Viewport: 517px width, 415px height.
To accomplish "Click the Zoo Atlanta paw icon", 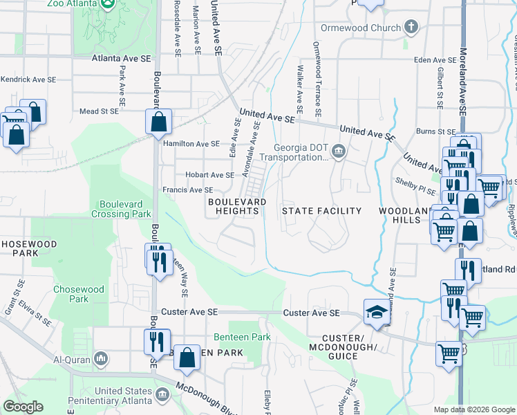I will (108, 4).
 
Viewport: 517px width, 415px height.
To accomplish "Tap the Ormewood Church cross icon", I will (411, 28).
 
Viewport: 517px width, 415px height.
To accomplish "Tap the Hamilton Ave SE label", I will (191, 144).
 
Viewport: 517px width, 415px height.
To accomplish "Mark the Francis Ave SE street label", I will (187, 190).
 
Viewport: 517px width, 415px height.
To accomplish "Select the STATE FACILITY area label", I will (321, 210).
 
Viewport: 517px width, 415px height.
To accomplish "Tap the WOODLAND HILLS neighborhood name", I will (399, 214).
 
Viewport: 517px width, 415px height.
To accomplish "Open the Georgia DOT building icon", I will (339, 151).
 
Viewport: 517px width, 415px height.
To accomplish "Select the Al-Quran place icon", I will (101, 359).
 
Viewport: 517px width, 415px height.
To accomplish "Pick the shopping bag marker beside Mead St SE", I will (158, 122).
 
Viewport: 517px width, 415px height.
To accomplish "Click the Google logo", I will (23, 407).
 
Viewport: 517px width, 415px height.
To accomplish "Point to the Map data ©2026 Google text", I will (473, 409).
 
